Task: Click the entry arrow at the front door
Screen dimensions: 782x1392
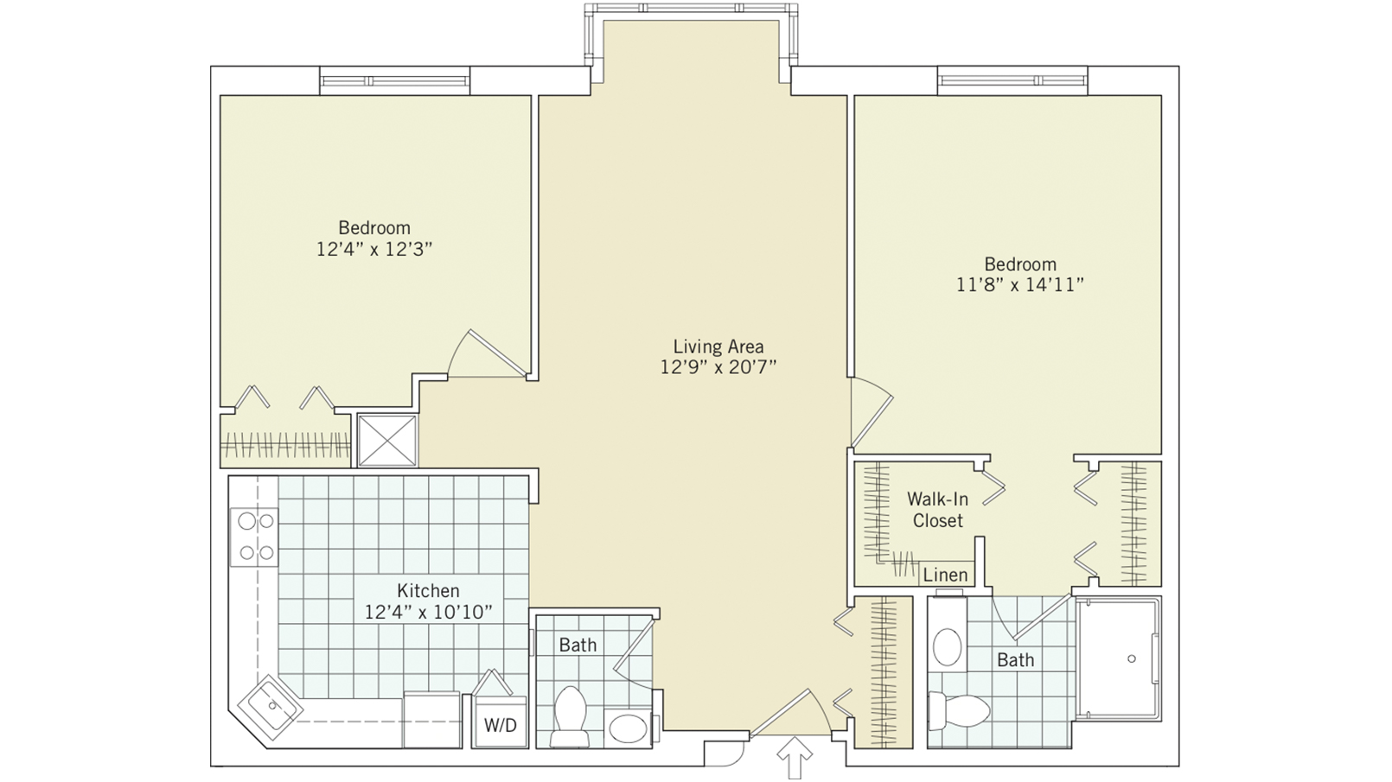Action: pyautogui.click(x=795, y=758)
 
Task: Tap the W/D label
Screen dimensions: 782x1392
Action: pyautogui.click(x=500, y=725)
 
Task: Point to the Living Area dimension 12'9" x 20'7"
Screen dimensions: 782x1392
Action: pyautogui.click(x=718, y=367)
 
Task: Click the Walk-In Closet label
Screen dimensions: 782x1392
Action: pyautogui.click(x=937, y=510)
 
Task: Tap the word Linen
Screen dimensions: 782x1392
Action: pyautogui.click(x=945, y=575)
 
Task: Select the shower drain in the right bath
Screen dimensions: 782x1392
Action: pyautogui.click(x=1131, y=658)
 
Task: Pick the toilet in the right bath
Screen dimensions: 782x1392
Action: pyautogui.click(x=960, y=711)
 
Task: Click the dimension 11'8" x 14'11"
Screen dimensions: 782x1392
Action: pyautogui.click(x=1019, y=285)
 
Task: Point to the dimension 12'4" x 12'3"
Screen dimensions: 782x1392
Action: pyautogui.click(x=374, y=249)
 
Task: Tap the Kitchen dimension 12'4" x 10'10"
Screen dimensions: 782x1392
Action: pyautogui.click(x=428, y=613)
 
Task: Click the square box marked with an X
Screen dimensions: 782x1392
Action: pyautogui.click(x=386, y=441)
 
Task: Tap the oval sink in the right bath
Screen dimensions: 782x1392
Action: pyautogui.click(x=948, y=646)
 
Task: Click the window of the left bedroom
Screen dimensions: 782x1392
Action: pyautogui.click(x=395, y=81)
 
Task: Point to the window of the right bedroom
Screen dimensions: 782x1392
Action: pyautogui.click(x=1012, y=80)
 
